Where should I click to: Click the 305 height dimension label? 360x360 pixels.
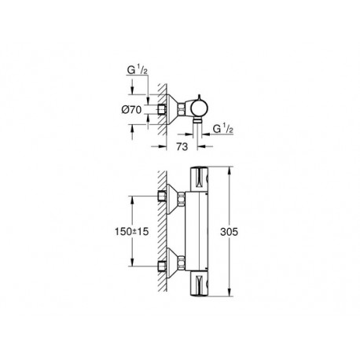[x=229, y=232]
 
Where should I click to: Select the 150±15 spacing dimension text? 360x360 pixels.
[x=131, y=231]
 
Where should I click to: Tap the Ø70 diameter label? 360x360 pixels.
[x=131, y=109]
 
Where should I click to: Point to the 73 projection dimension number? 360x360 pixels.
[x=182, y=147]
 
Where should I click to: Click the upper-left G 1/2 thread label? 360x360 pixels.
[x=138, y=70]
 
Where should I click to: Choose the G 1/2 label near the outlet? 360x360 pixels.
[x=223, y=129]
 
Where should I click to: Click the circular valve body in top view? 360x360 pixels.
[x=200, y=109]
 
